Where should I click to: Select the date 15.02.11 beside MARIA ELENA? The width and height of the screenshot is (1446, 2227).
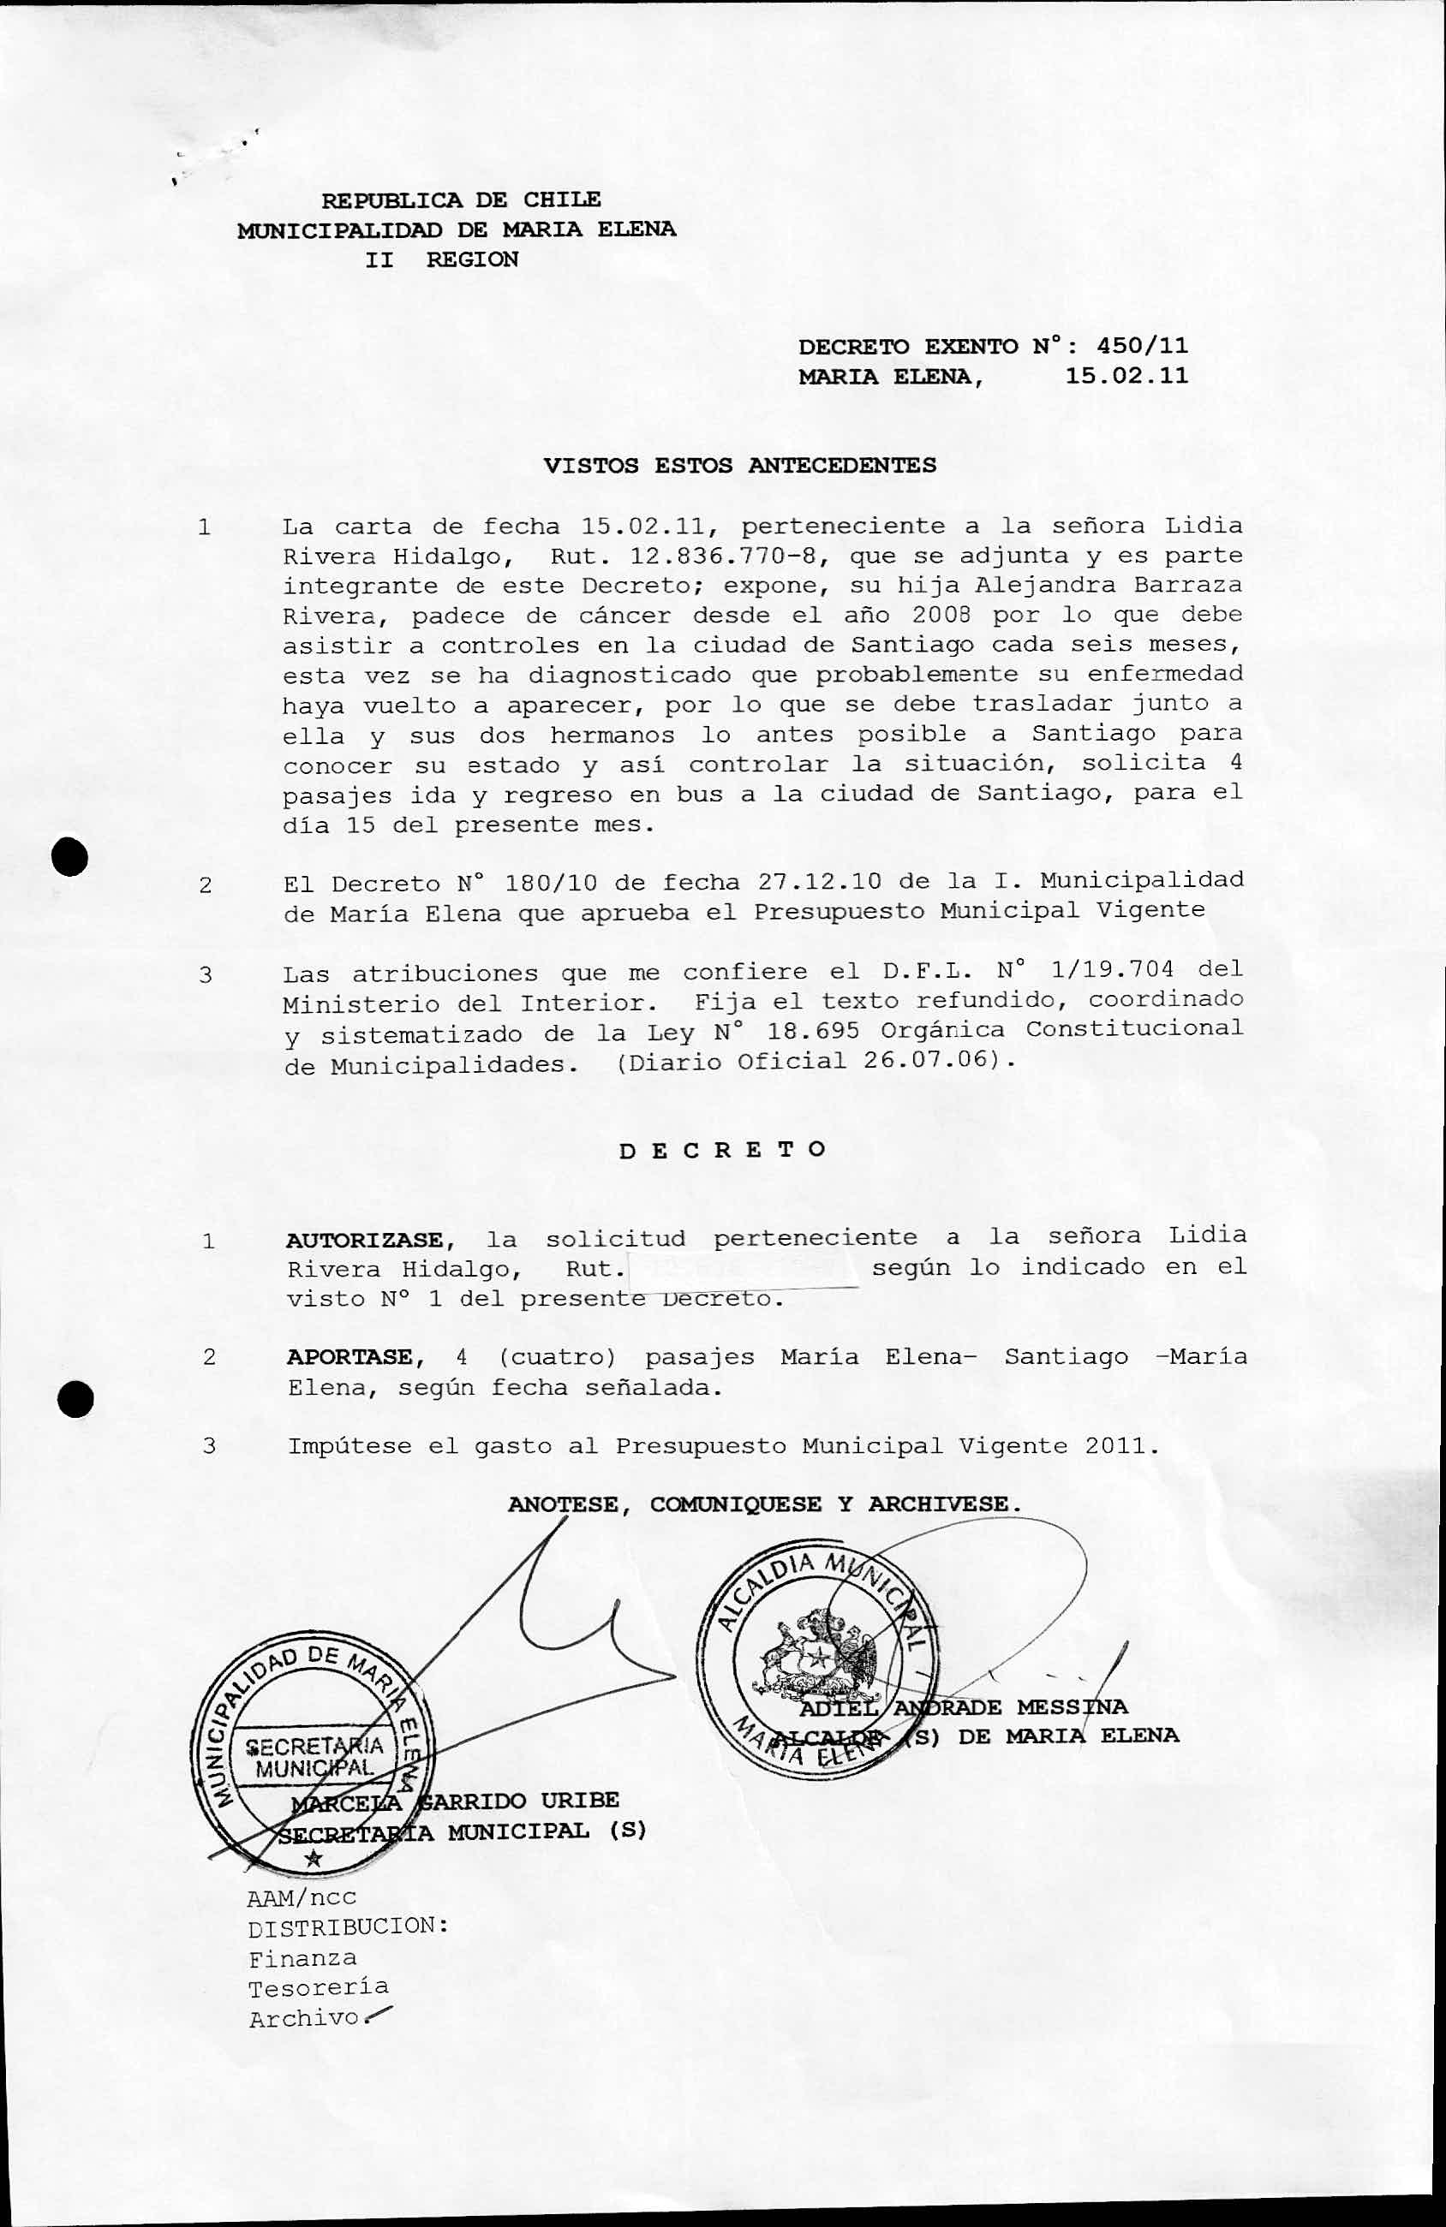tap(1126, 376)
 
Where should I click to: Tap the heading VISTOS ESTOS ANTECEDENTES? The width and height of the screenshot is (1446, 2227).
tap(739, 465)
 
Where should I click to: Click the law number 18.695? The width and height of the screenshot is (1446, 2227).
tap(812, 1031)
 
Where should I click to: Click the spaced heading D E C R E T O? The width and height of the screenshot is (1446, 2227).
tap(722, 1150)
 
